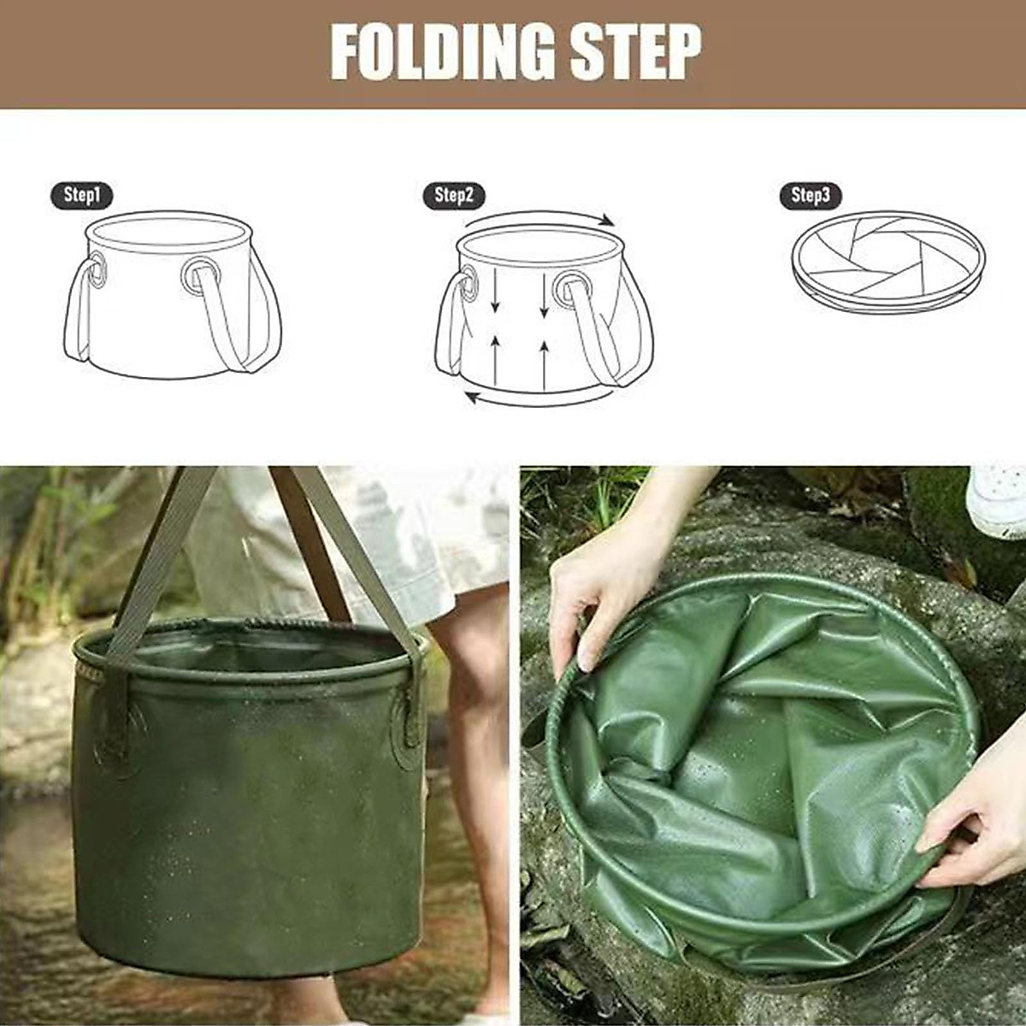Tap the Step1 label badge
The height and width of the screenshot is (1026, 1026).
82,196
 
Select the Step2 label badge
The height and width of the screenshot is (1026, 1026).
454,196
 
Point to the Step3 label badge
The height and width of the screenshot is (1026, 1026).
811,196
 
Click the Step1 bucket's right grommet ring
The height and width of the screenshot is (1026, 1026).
199,275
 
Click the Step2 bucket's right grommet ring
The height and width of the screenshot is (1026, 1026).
570,290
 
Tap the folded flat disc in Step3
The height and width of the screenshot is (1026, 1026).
887,261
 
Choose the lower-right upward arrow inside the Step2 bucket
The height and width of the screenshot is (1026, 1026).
545,363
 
